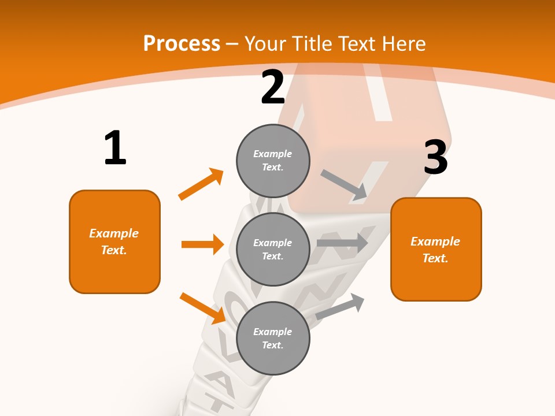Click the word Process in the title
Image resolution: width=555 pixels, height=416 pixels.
click(x=182, y=44)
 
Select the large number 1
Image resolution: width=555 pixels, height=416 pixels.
click(x=115, y=148)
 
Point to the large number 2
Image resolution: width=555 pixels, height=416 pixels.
click(x=273, y=88)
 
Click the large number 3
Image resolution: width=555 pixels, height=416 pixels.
click(x=435, y=158)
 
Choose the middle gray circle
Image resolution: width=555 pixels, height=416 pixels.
click(x=273, y=249)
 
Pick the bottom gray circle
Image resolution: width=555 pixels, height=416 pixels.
click(x=273, y=338)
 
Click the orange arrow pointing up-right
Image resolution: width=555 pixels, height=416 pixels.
click(x=201, y=184)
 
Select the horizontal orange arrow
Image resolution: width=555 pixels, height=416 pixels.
click(x=202, y=244)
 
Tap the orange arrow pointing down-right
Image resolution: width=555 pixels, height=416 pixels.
click(x=202, y=308)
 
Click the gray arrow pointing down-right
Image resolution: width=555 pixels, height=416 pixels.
click(x=344, y=185)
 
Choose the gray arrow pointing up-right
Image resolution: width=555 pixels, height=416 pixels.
click(x=340, y=306)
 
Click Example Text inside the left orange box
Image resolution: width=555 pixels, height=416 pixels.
click(x=114, y=242)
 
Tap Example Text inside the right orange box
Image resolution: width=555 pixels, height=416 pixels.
click(x=435, y=250)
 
